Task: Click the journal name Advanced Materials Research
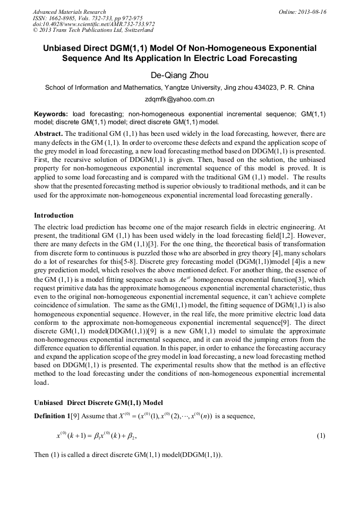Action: (x=69, y=12)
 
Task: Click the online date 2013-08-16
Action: (x=312, y=12)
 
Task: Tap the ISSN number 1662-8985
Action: (x=64, y=18)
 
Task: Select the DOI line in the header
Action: (x=93, y=24)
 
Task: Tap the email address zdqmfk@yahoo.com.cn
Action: (x=179, y=99)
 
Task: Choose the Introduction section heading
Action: (x=54, y=215)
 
